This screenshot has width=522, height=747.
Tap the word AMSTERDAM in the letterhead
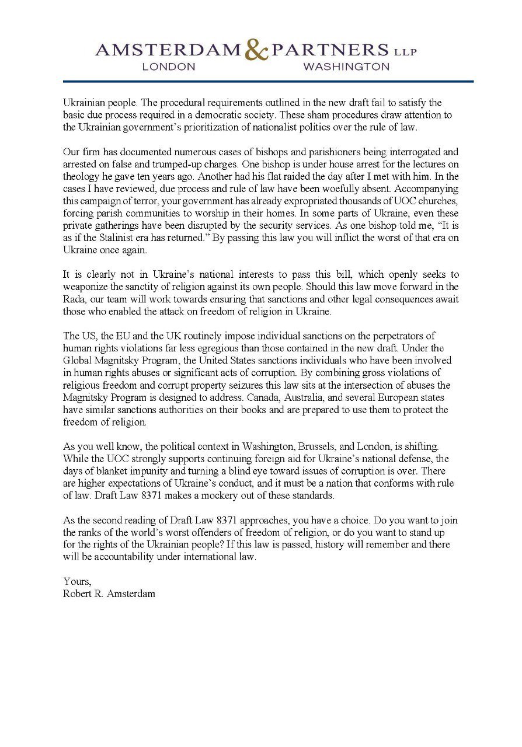[x=168, y=51]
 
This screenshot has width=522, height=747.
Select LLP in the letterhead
[x=405, y=52]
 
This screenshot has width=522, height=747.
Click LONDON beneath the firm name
[x=169, y=67]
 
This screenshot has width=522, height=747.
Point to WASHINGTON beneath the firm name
[x=346, y=67]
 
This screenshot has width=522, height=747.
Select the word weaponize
[x=85, y=286]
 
